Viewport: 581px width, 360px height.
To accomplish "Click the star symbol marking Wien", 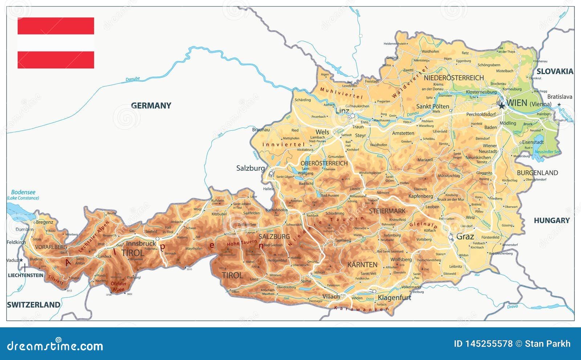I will click(x=501, y=106).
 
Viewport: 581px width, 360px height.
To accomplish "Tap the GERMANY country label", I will click(x=151, y=106).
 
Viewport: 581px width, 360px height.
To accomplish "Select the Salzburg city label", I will click(x=250, y=168).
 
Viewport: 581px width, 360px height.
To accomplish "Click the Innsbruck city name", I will click(x=141, y=243).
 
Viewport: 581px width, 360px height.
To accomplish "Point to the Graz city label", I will click(x=465, y=237).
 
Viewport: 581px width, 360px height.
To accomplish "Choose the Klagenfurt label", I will click(x=394, y=298).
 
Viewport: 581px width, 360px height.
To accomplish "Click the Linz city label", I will click(x=342, y=111).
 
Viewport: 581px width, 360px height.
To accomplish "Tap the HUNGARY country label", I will click(x=551, y=221).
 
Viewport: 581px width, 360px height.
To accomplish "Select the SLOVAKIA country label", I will click(x=554, y=72).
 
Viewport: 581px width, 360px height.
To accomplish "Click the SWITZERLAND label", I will click(x=33, y=305).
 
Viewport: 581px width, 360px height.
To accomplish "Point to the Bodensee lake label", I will click(x=23, y=192).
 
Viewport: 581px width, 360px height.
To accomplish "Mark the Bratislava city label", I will click(x=559, y=97).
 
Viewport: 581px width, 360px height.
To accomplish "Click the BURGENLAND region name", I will click(x=537, y=173).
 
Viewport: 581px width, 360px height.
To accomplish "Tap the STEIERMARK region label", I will click(x=387, y=211).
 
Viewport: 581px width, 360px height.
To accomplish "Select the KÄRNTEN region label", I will click(x=362, y=265).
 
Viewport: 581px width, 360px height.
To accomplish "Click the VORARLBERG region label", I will click(x=51, y=247).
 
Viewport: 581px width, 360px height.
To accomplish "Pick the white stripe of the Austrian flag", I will click(x=56, y=43).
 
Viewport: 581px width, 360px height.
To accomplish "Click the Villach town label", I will click(x=331, y=297).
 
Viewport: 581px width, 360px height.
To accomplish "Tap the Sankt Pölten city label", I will click(x=432, y=106).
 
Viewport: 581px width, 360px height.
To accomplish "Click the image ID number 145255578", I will click(x=489, y=344).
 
